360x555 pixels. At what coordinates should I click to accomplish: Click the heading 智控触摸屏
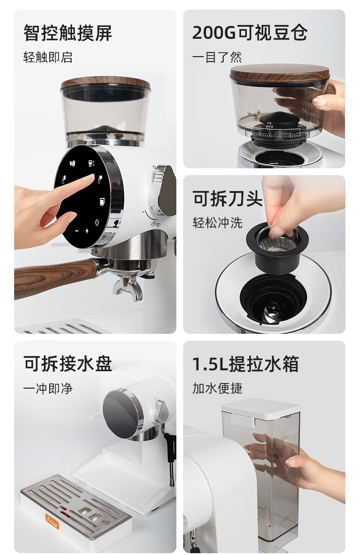click(x=67, y=33)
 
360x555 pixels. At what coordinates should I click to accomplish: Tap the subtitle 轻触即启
click(x=48, y=57)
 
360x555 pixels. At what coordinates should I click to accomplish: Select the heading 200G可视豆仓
click(x=250, y=33)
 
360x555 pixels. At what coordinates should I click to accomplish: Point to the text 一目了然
click(x=217, y=57)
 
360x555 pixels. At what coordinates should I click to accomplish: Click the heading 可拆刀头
click(x=227, y=198)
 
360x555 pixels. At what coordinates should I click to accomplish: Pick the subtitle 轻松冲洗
click(x=217, y=223)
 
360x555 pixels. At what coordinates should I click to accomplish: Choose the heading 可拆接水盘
click(x=67, y=363)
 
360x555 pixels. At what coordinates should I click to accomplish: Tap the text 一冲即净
click(x=48, y=388)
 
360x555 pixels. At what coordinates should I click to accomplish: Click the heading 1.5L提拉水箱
click(x=246, y=364)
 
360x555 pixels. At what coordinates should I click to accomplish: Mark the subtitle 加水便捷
click(x=217, y=388)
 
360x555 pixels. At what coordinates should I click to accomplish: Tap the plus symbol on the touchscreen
click(x=87, y=231)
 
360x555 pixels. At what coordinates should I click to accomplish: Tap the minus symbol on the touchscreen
click(x=77, y=231)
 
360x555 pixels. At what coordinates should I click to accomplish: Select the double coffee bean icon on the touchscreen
click(x=72, y=164)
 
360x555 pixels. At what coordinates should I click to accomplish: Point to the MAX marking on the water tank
click(x=286, y=437)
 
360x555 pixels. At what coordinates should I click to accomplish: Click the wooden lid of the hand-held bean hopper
click(x=280, y=73)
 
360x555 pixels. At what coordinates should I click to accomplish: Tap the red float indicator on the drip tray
click(x=65, y=513)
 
